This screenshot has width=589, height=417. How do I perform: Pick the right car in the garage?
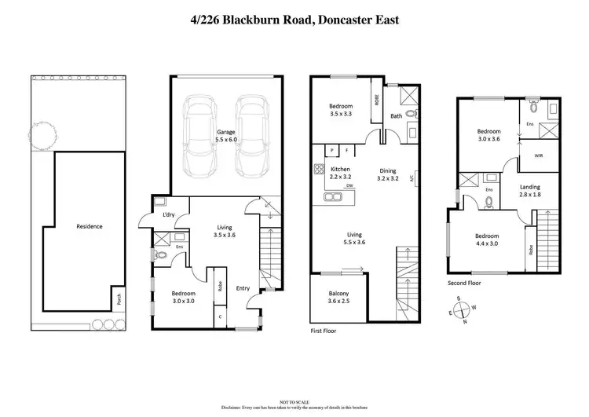[x=251, y=135]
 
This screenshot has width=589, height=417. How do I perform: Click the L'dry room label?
[x=168, y=216]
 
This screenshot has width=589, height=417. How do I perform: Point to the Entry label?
[x=243, y=288]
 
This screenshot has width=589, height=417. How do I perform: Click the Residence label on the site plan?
[x=89, y=226]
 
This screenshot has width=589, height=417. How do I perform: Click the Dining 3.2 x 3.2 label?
[x=387, y=175]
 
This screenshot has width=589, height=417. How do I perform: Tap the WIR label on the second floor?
[x=539, y=155]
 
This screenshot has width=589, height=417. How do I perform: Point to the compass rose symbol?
[x=458, y=310]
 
